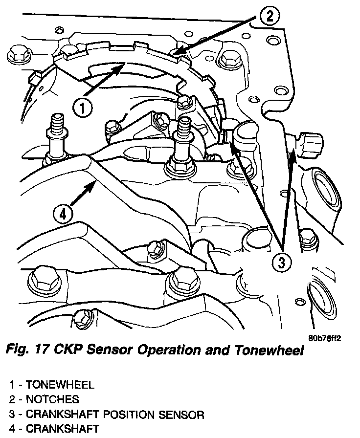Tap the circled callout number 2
[x=269, y=16]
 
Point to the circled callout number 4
[x=63, y=215]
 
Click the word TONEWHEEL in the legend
[x=60, y=385]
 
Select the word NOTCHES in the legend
[x=52, y=399]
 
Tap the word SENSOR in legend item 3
[x=181, y=415]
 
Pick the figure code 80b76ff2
[x=325, y=338]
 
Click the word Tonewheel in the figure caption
[x=269, y=350]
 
